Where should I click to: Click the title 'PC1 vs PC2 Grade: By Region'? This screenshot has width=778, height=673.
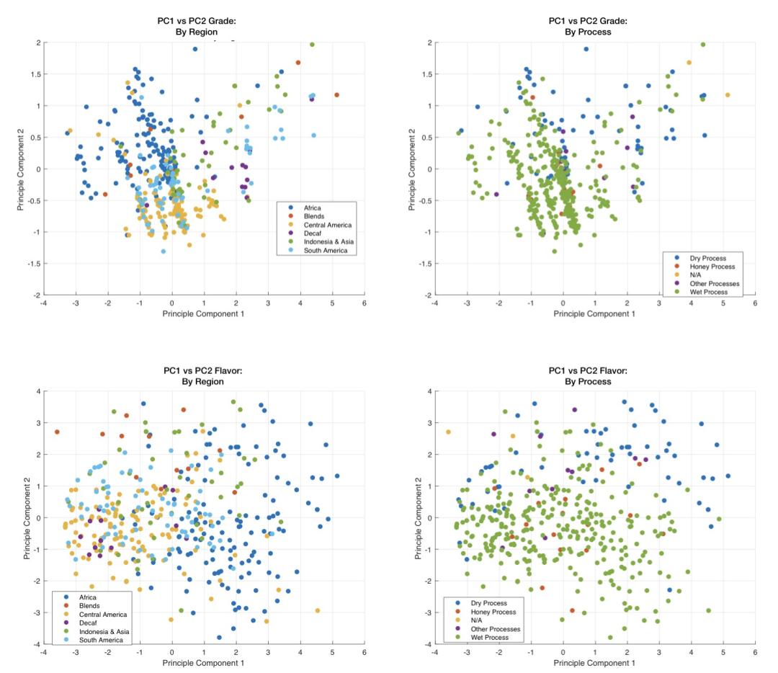pyautogui.click(x=197, y=27)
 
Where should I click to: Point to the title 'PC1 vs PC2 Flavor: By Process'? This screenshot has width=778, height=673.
pyautogui.click(x=587, y=375)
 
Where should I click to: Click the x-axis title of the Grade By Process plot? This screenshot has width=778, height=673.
pyautogui.click(x=594, y=313)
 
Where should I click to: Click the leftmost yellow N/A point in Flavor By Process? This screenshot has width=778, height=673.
pyautogui.click(x=448, y=432)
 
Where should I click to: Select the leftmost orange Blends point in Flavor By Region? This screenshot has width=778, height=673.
pyautogui.click(x=57, y=432)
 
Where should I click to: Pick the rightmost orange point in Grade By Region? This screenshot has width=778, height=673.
pyautogui.click(x=336, y=95)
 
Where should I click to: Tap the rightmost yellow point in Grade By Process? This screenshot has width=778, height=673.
pyautogui.click(x=728, y=95)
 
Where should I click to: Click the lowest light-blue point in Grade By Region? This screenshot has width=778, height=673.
pyautogui.click(x=163, y=251)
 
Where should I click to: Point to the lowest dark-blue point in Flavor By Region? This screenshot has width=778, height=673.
pyautogui.click(x=219, y=637)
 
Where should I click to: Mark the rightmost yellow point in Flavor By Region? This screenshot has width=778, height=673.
pyautogui.click(x=318, y=610)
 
